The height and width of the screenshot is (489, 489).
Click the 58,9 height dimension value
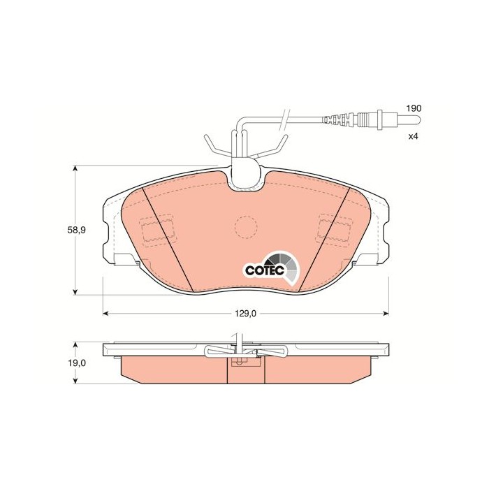[x=78, y=231]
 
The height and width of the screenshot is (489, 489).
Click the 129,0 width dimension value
[x=246, y=314]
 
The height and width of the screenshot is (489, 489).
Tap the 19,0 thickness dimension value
[x=78, y=363]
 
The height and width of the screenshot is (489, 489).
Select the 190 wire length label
[x=415, y=109]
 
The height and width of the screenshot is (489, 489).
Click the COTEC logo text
[x=262, y=270]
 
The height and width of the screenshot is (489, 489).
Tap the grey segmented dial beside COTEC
[x=289, y=266]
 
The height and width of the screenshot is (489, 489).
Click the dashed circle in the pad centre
[x=245, y=226]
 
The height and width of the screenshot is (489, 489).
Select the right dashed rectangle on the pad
[x=334, y=227]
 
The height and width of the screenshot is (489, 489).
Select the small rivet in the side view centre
[x=240, y=361]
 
